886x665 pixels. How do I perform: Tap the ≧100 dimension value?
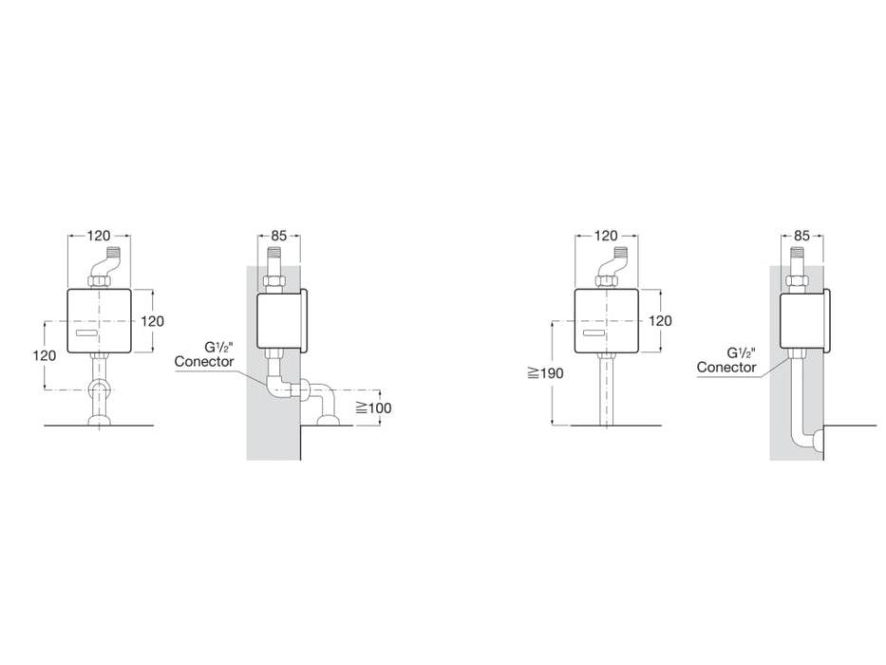click(x=373, y=408)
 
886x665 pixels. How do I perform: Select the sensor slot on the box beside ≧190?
click(x=594, y=335)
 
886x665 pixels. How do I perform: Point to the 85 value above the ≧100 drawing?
click(x=279, y=235)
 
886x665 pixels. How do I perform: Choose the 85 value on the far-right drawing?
click(x=801, y=235)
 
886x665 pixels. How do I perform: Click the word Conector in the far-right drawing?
click(x=726, y=368)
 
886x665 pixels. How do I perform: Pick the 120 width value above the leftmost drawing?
click(x=99, y=235)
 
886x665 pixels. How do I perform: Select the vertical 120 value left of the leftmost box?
click(x=44, y=354)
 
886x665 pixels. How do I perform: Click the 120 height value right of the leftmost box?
click(x=152, y=320)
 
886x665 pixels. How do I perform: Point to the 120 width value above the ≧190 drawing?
click(x=605, y=235)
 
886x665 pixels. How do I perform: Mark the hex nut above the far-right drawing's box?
click(x=795, y=281)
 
